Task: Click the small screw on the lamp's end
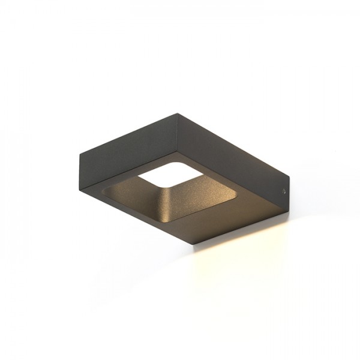point(283,191)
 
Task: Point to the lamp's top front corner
point(178,114)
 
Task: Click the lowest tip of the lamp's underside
point(209,243)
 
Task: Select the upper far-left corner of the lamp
point(80,154)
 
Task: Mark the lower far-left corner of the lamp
point(80,187)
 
